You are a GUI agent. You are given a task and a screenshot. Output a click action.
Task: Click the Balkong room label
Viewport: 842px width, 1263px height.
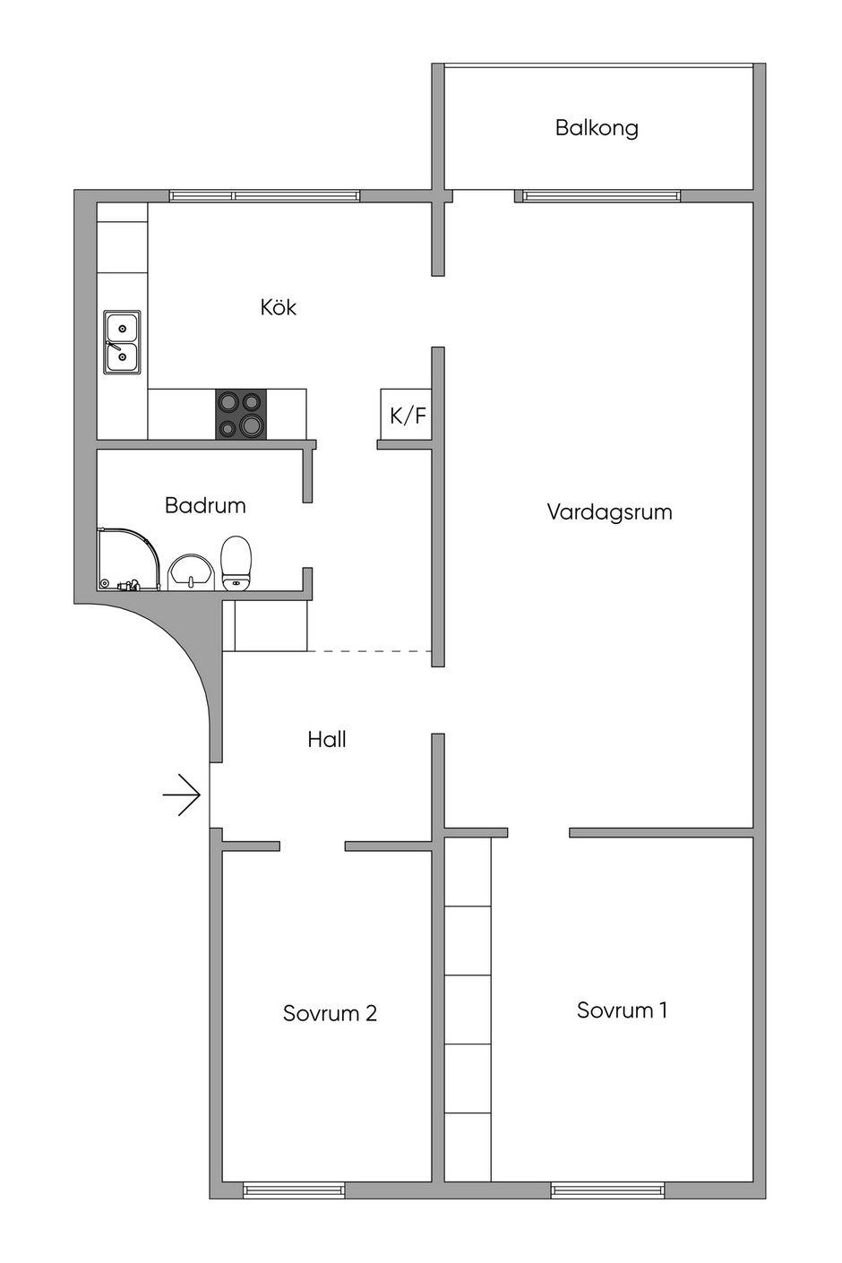coord(597,128)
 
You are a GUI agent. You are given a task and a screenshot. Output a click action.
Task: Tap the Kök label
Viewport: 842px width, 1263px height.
coord(278,306)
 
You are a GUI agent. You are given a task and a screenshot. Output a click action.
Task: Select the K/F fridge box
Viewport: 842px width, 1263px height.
coord(407,415)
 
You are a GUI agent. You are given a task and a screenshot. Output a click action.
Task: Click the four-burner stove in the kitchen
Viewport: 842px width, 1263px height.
coord(241,415)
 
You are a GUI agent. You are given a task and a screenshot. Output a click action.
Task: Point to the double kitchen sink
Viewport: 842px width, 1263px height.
coord(122,341)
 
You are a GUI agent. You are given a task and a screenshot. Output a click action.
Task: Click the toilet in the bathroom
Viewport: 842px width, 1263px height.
coord(236,563)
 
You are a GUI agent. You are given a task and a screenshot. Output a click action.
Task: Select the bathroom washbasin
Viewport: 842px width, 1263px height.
coord(192,571)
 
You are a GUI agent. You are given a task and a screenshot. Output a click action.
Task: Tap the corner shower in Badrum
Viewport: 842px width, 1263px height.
coord(129,559)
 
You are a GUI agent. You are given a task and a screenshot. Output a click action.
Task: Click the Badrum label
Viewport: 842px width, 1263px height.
coord(205,505)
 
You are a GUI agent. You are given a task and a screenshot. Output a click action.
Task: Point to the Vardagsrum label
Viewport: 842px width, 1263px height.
coord(610,512)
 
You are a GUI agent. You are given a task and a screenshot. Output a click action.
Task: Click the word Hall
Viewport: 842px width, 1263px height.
coord(327,739)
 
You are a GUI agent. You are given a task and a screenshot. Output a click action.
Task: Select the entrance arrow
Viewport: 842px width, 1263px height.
coord(182,795)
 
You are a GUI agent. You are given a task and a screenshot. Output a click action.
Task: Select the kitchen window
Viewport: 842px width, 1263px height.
coord(264,195)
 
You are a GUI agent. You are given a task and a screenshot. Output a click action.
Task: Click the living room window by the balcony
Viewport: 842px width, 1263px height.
coord(601,195)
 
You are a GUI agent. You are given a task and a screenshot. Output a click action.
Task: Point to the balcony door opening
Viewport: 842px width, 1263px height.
coord(484,195)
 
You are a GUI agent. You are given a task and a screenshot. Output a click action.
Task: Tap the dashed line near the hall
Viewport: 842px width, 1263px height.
coord(370,651)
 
